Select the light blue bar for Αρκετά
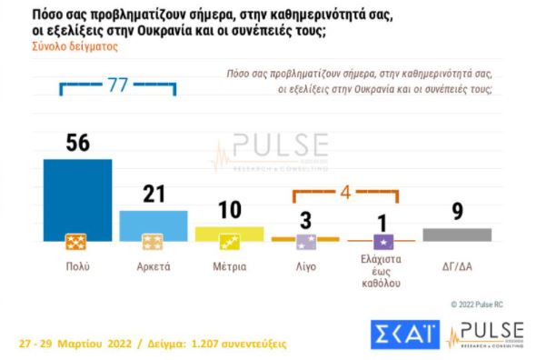tap(154, 223)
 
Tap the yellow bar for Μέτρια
tap(229, 234)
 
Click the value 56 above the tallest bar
tap(77, 143)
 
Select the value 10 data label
tap(229, 211)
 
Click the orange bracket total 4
tap(345, 193)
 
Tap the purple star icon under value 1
tap(384, 241)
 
